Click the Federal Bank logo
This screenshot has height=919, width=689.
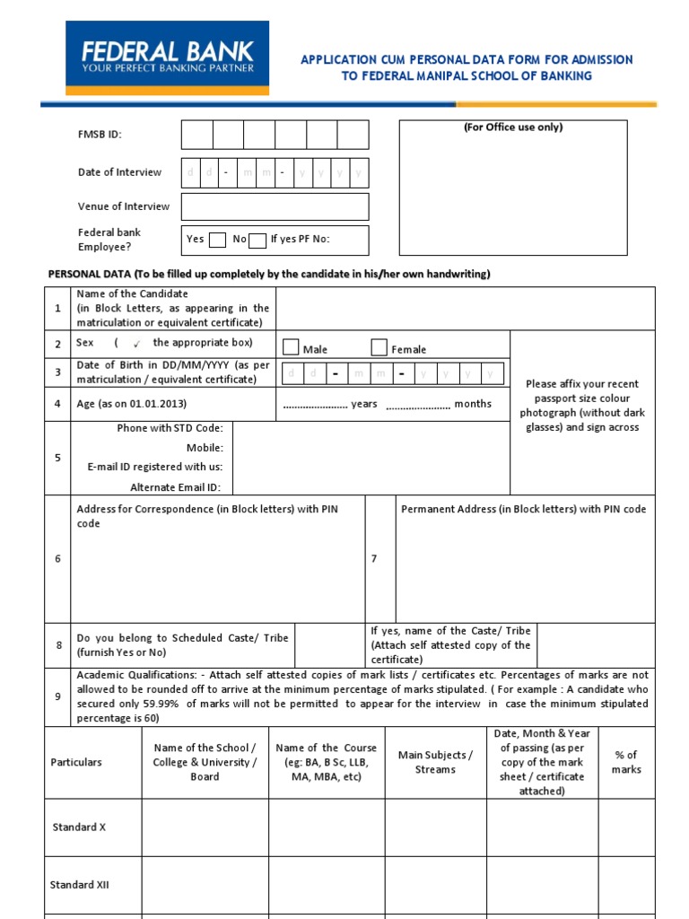click(x=167, y=57)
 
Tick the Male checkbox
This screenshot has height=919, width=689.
click(x=291, y=347)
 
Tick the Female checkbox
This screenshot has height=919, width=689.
click(x=379, y=347)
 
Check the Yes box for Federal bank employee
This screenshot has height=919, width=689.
click(x=217, y=240)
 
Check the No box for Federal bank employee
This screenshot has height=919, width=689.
click(x=257, y=240)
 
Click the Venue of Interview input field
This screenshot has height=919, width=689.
click(x=275, y=206)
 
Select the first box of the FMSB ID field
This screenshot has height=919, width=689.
click(x=196, y=135)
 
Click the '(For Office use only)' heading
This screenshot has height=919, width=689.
click(x=513, y=127)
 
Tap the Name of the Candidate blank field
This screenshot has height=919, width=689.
click(x=465, y=308)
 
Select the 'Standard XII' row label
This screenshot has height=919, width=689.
click(x=80, y=884)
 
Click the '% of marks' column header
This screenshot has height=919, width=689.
click(x=626, y=762)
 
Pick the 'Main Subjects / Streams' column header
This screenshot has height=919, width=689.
click(x=435, y=762)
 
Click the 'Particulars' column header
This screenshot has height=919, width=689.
click(x=76, y=762)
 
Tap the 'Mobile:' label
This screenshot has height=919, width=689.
click(x=205, y=448)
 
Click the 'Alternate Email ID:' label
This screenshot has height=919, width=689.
click(x=177, y=487)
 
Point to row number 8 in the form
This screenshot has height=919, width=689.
click(x=58, y=645)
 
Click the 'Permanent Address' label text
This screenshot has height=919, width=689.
click(x=523, y=509)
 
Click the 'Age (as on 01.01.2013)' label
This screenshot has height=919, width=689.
click(x=132, y=404)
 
